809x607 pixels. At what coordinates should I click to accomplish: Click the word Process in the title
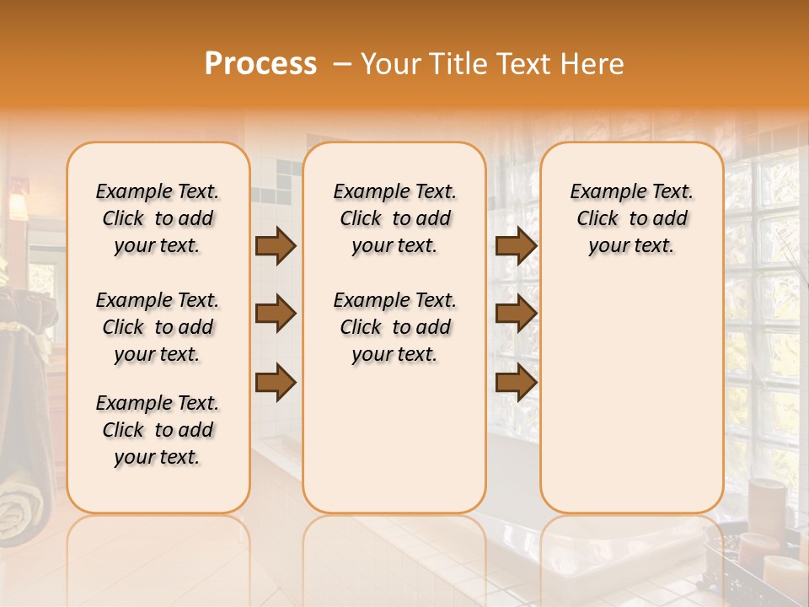(x=260, y=64)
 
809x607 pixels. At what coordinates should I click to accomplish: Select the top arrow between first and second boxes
(x=276, y=245)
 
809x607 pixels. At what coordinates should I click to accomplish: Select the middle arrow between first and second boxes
(x=276, y=314)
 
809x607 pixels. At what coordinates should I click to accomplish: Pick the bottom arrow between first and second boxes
(x=276, y=382)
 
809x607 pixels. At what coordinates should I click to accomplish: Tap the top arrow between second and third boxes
(x=516, y=245)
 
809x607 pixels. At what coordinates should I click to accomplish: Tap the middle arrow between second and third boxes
(x=516, y=314)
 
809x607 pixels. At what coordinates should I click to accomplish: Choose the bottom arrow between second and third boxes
(x=516, y=382)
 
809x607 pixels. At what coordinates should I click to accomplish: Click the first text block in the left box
(x=158, y=218)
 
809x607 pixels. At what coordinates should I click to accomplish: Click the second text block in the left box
(x=158, y=327)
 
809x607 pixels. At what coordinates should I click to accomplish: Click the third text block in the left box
(x=158, y=430)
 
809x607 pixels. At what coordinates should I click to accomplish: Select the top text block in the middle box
(x=394, y=218)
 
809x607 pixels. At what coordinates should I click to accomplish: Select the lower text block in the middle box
(x=394, y=327)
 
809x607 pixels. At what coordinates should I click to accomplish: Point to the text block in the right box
(x=631, y=218)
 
